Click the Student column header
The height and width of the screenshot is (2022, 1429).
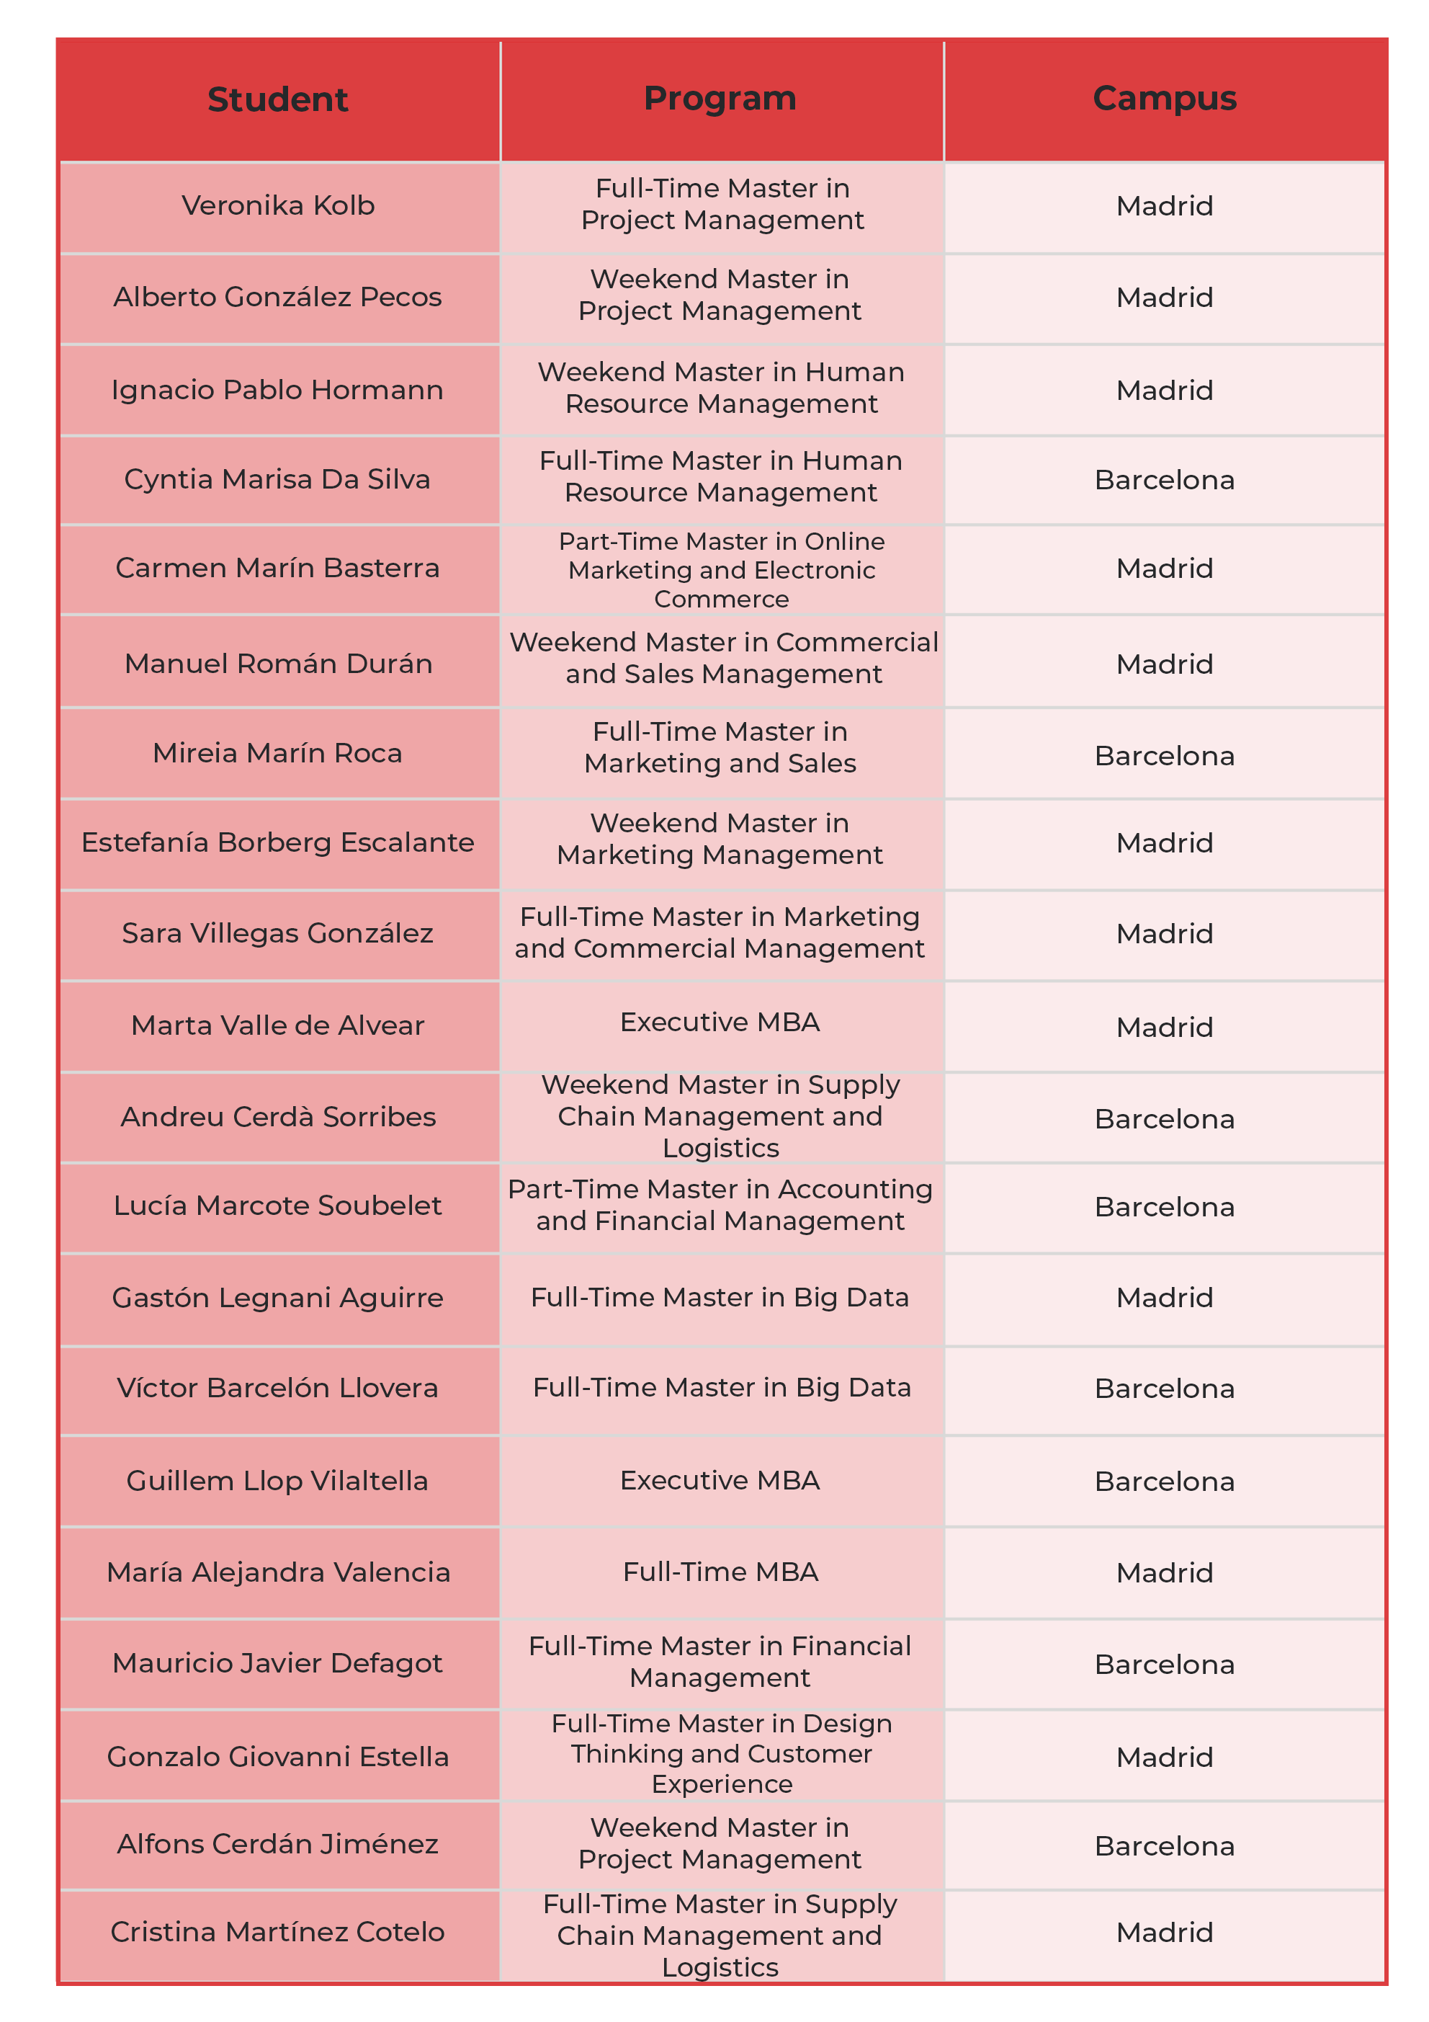click(x=277, y=99)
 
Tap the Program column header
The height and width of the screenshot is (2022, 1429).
click(x=720, y=99)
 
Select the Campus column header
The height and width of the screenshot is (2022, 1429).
click(x=1164, y=99)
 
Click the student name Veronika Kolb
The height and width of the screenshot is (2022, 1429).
click(x=277, y=206)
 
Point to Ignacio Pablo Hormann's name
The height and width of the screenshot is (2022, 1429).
click(x=277, y=390)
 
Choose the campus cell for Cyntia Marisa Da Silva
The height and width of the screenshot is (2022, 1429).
click(x=1164, y=480)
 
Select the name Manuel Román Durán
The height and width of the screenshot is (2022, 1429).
click(x=277, y=663)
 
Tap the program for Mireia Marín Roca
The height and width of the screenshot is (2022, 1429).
click(x=720, y=748)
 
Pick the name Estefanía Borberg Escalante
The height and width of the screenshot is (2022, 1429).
click(x=277, y=843)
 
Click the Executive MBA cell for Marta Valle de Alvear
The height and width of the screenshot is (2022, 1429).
click(x=720, y=1023)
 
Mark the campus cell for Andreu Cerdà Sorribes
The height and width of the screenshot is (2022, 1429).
click(x=1164, y=1119)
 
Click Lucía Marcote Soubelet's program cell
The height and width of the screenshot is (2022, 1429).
click(x=720, y=1205)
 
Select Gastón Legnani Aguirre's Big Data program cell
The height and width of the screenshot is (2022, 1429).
click(x=720, y=1297)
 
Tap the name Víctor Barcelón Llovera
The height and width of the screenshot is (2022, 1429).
click(x=277, y=1388)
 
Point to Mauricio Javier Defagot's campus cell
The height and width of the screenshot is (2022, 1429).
click(x=1164, y=1665)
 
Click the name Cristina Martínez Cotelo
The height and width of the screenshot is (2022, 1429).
click(x=277, y=1931)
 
